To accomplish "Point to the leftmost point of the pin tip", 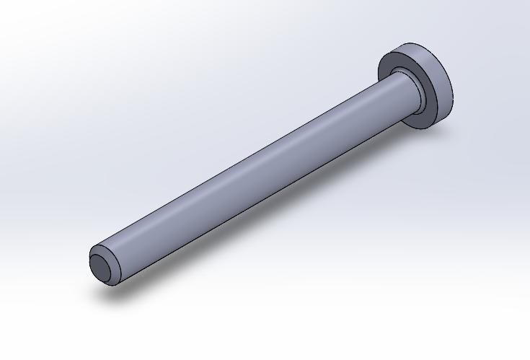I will pos(89,264).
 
